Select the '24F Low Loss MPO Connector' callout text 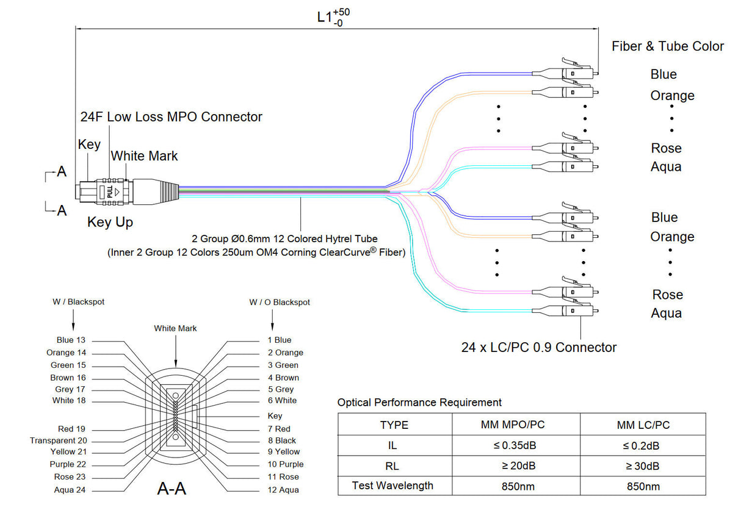click(x=172, y=117)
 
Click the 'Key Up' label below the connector click(x=110, y=222)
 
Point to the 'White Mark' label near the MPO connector click(x=144, y=156)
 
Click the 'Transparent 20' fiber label click(x=58, y=440)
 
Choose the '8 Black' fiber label click(x=281, y=440)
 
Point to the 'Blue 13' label click(x=71, y=340)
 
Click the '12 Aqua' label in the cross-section click(x=283, y=490)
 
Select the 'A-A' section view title click(x=172, y=489)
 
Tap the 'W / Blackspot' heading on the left click(x=73, y=302)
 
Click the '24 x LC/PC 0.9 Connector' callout click(x=539, y=348)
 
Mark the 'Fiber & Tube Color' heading click(x=668, y=46)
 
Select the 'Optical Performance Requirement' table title click(x=419, y=403)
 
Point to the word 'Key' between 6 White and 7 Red click(x=275, y=415)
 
